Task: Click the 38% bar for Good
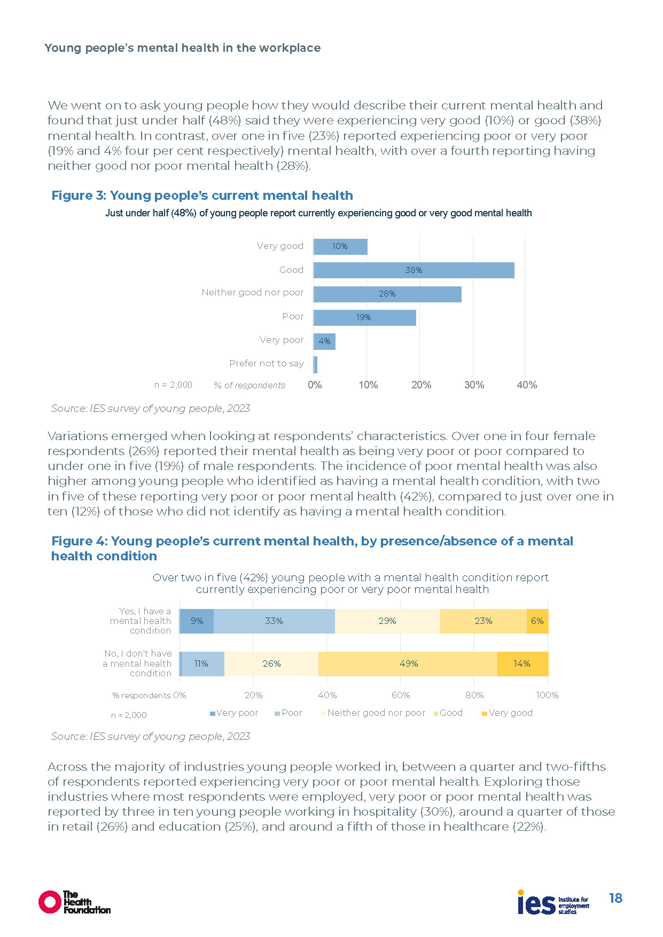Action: [414, 270]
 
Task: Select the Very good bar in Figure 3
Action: [340, 246]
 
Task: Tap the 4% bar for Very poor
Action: [324, 341]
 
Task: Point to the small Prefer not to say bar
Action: [315, 365]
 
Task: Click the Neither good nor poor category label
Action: [252, 293]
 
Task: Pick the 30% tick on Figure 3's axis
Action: [474, 385]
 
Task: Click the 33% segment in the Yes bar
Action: [274, 621]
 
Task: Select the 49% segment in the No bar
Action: [408, 664]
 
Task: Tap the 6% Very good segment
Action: [537, 621]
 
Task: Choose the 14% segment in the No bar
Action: [522, 664]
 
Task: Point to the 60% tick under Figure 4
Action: [401, 696]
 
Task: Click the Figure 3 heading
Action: [202, 196]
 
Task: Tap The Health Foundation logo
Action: [74, 902]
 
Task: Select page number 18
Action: [615, 899]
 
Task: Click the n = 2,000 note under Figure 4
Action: [129, 715]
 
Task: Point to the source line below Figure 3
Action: [150, 409]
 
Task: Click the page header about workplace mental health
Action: [182, 48]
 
